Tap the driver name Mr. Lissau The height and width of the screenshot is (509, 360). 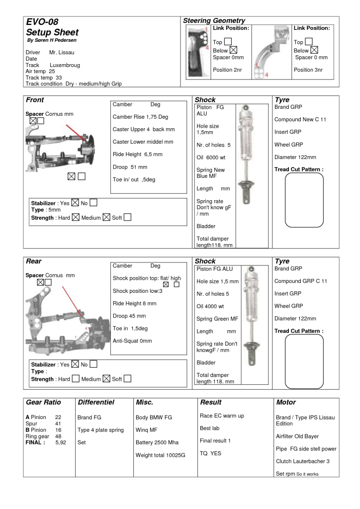[x=62, y=52]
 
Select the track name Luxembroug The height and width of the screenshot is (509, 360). [x=65, y=65]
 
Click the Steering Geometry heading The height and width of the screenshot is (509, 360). [x=214, y=20]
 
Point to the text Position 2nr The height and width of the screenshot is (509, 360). [x=227, y=70]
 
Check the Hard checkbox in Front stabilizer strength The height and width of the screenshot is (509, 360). [x=76, y=217]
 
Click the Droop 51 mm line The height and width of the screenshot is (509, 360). [x=130, y=167]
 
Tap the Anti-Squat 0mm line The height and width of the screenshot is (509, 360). [x=132, y=341]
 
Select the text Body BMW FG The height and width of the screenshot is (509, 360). [x=154, y=418]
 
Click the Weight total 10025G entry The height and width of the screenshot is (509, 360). [x=160, y=455]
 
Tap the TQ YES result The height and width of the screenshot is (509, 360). [x=210, y=453]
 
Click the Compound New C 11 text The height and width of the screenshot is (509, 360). [x=300, y=120]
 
